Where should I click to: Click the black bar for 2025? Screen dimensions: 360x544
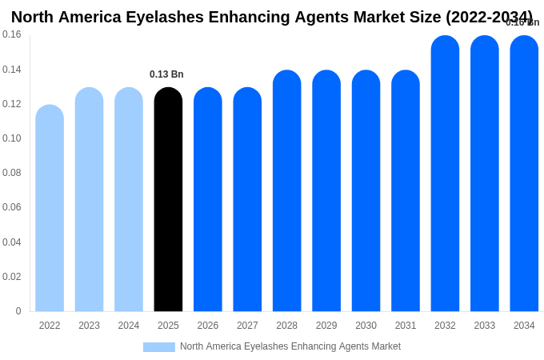point(168,200)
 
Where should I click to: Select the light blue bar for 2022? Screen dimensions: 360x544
point(50,208)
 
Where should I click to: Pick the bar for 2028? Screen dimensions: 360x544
point(286,191)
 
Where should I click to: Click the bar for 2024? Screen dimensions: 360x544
point(129,200)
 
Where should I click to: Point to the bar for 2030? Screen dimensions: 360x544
point(366,191)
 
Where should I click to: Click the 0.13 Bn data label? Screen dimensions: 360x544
point(166,74)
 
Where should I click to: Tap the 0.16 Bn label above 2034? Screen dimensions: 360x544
point(522,22)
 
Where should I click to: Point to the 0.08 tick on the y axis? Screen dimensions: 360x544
point(12,173)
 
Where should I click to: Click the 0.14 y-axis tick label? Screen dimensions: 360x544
point(12,70)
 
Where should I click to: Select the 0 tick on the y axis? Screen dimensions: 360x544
point(18,311)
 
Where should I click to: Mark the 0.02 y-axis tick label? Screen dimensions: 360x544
point(12,277)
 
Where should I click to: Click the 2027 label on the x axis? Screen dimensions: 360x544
point(247,326)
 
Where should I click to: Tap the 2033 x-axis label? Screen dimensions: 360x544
point(484,326)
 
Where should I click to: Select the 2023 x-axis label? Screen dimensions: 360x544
point(89,326)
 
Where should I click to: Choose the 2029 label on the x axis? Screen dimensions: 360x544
point(326,326)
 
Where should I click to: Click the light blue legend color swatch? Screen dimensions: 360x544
point(158,347)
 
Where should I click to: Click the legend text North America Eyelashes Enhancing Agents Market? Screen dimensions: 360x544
point(290,346)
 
